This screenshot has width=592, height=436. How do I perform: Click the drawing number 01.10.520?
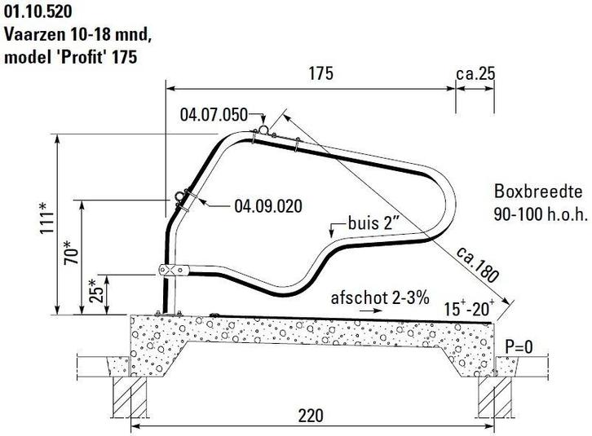coord(38,11)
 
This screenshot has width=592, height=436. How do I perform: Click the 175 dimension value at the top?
coord(321,73)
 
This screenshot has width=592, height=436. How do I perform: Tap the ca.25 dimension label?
coord(475,73)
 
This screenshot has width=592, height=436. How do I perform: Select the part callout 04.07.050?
coord(214,115)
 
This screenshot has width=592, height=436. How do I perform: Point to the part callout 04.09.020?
coord(268,206)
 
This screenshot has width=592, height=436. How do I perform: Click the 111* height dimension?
coord(48,218)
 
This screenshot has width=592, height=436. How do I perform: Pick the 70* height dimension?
coord(72,251)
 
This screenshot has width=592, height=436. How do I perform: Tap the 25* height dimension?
coord(97,291)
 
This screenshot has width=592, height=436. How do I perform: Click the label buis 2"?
coord(373,223)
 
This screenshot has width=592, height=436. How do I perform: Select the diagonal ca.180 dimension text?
coord(477,265)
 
